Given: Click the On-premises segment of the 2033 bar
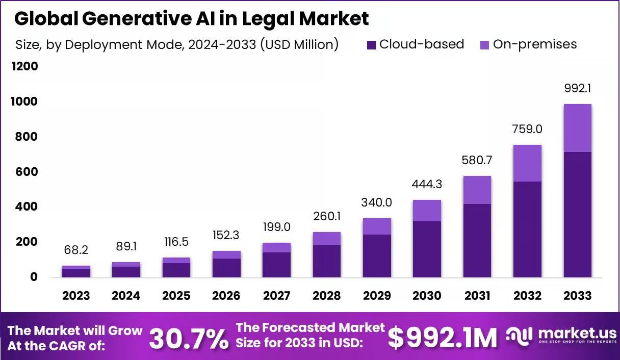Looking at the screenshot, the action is tap(577, 128).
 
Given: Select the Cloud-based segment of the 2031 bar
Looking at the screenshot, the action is tap(477, 241).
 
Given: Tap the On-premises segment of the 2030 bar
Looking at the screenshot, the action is tap(427, 211).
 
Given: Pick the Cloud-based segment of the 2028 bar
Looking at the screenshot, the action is tap(327, 261).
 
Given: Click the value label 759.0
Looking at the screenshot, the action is tap(527, 129).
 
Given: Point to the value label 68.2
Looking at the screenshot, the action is tap(76, 250).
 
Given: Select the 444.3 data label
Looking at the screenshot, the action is tap(427, 184).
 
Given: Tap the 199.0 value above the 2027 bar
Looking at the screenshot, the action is tap(276, 227).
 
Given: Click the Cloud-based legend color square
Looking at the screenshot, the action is tap(371, 45).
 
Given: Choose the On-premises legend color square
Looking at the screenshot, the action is tap(484, 45).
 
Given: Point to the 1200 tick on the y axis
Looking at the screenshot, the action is tap(25, 66).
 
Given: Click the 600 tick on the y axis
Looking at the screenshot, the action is tap(27, 172).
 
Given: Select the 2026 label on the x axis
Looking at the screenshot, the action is tap(226, 296).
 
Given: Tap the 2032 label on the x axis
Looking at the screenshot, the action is tap(527, 296).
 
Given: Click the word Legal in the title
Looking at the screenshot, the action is tap(268, 19).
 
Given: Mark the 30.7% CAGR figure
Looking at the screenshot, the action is tap(189, 338).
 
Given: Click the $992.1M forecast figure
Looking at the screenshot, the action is tap(443, 338).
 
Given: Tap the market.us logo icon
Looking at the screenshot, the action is tap(519, 336).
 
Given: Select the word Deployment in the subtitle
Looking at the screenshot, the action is tap(104, 45).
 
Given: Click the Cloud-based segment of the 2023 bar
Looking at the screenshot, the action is tap(76, 273).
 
